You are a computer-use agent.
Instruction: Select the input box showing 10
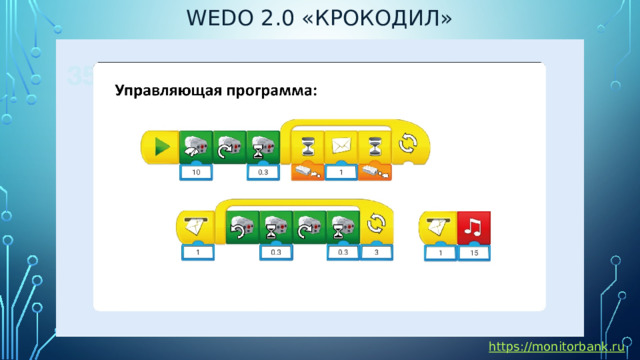pos(196,173)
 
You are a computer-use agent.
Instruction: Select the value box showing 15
pos(473,254)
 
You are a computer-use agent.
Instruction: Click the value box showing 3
pos(377,254)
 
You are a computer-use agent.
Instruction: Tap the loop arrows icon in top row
pos(408,145)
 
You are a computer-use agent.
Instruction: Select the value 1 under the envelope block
pos(341,173)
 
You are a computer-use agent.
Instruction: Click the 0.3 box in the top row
pos(262,173)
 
